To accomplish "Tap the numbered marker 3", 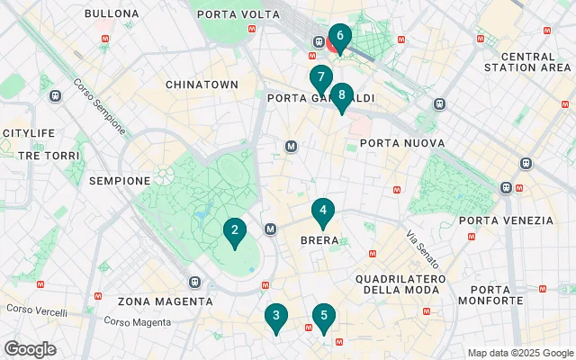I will pos(276,316).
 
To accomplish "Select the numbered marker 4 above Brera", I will pos(323,211).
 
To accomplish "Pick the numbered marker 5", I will pos(323,316).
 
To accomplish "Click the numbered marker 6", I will pos(339,37).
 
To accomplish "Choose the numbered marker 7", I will pos(320,78).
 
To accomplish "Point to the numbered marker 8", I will pos(341,95).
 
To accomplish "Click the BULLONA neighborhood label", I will pos(112,14).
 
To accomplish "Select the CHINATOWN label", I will pos(202,85).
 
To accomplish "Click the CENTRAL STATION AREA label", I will pos(524,61).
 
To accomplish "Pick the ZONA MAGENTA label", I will pos(161,301).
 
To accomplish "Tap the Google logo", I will pos(30,349).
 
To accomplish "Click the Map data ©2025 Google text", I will pos(519,353).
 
